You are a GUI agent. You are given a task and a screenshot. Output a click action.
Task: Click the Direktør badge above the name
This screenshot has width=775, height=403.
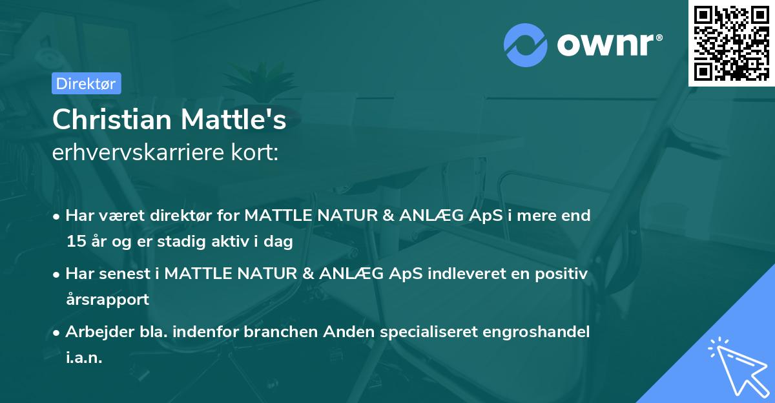[85, 83]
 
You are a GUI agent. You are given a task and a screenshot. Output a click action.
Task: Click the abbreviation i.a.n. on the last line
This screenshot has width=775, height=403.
[84, 358]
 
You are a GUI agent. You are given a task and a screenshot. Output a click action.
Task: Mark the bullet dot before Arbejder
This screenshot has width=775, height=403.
[57, 333]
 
